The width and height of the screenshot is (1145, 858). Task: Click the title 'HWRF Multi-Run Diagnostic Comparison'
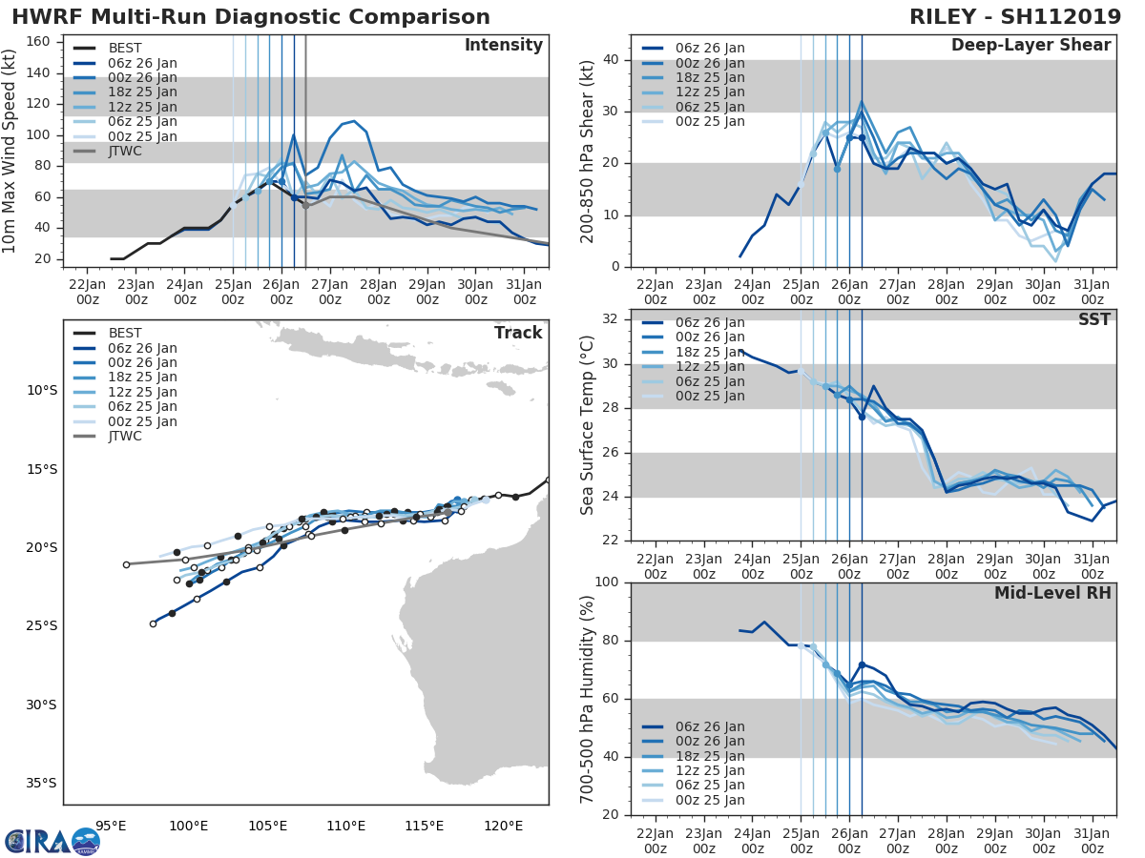tap(251, 17)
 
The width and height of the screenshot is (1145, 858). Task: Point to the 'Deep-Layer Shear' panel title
tap(1030, 46)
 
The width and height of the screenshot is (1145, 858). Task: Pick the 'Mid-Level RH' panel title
tap(1052, 593)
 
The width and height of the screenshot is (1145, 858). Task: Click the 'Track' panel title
tap(518, 333)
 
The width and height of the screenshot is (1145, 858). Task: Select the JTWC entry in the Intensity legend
tap(125, 151)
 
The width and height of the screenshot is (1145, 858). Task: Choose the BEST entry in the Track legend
tap(125, 333)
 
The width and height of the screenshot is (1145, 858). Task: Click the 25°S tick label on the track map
tap(41, 626)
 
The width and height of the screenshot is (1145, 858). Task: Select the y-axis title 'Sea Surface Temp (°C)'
tap(588, 425)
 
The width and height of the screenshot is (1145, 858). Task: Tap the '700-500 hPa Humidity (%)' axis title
tap(588, 698)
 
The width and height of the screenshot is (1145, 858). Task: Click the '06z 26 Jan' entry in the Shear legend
tap(709, 48)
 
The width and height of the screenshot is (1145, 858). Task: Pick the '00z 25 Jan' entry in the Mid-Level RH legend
tap(709, 800)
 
